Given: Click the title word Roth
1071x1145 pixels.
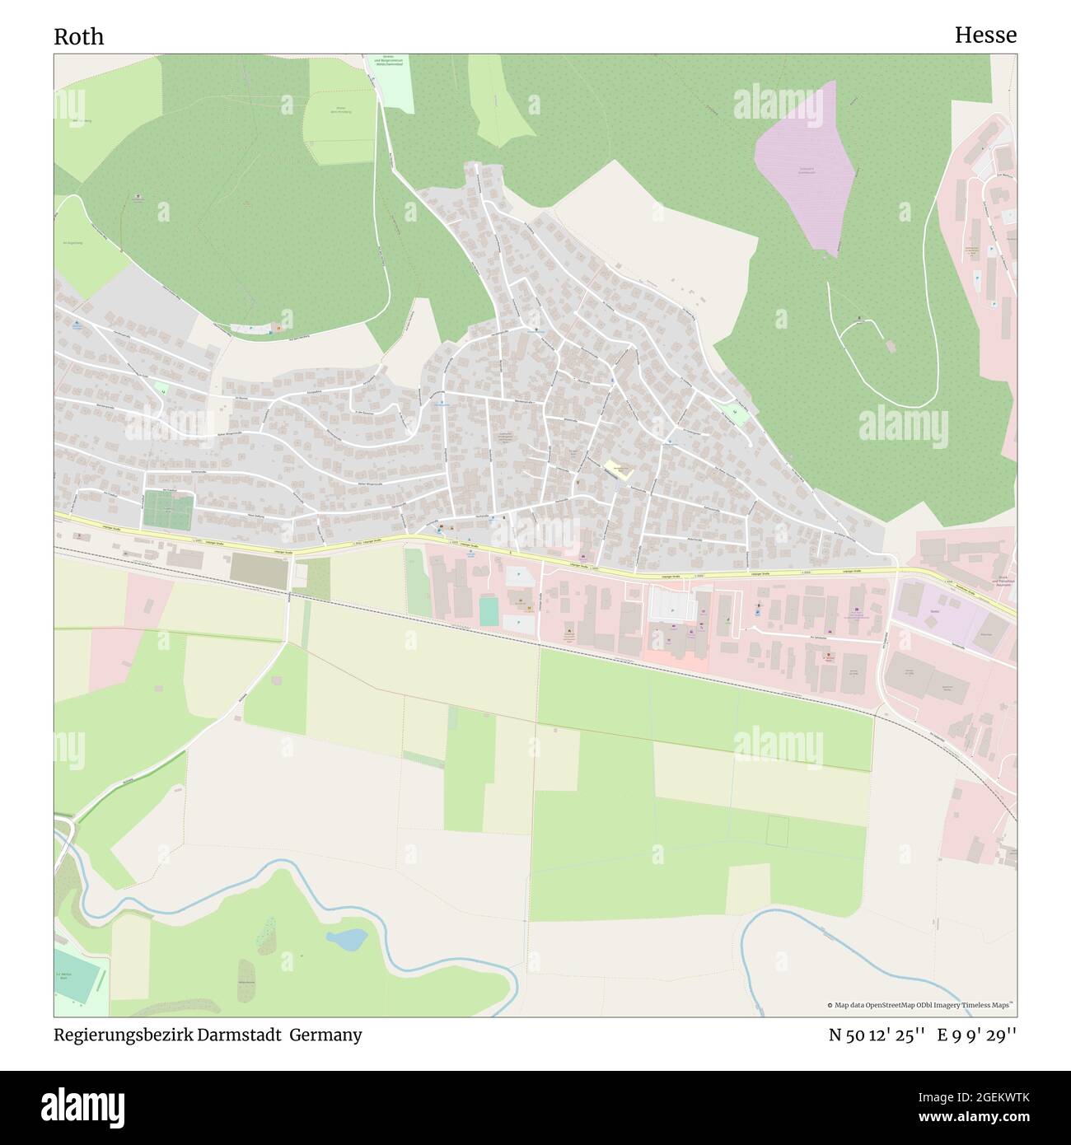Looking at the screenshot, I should click(x=79, y=37).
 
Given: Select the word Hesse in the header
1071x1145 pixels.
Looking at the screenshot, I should click(x=985, y=35).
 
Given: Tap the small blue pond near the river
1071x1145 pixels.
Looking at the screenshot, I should click(x=347, y=937).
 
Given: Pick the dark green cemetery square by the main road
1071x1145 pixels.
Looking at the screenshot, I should click(x=167, y=509).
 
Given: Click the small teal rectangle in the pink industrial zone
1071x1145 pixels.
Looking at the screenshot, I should click(x=489, y=610).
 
